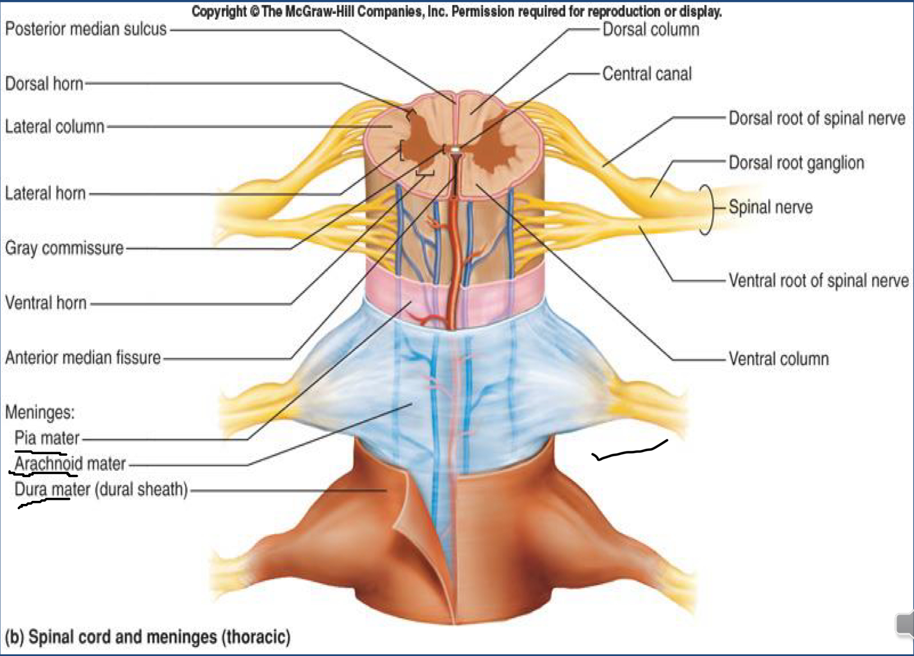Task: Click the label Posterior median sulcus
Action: [x=85, y=29]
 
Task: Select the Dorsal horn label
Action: [x=44, y=83]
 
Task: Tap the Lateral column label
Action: [x=55, y=126]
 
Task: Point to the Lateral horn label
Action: [x=45, y=193]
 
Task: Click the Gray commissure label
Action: [x=64, y=248]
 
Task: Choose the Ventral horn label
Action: [x=46, y=303]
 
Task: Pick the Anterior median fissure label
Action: [x=83, y=357]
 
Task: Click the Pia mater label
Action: [x=47, y=438]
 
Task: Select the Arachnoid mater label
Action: [x=70, y=463]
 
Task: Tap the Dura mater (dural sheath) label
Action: [x=101, y=490]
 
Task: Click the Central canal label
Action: [x=647, y=74]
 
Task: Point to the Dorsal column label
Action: [x=651, y=30]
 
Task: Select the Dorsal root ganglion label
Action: [x=796, y=163]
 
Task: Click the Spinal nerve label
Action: [x=771, y=207]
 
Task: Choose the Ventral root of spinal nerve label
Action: [x=818, y=281]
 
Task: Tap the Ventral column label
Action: [x=778, y=358]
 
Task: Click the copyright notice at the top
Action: [x=456, y=11]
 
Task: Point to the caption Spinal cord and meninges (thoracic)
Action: [x=148, y=637]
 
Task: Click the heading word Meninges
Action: [x=40, y=412]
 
